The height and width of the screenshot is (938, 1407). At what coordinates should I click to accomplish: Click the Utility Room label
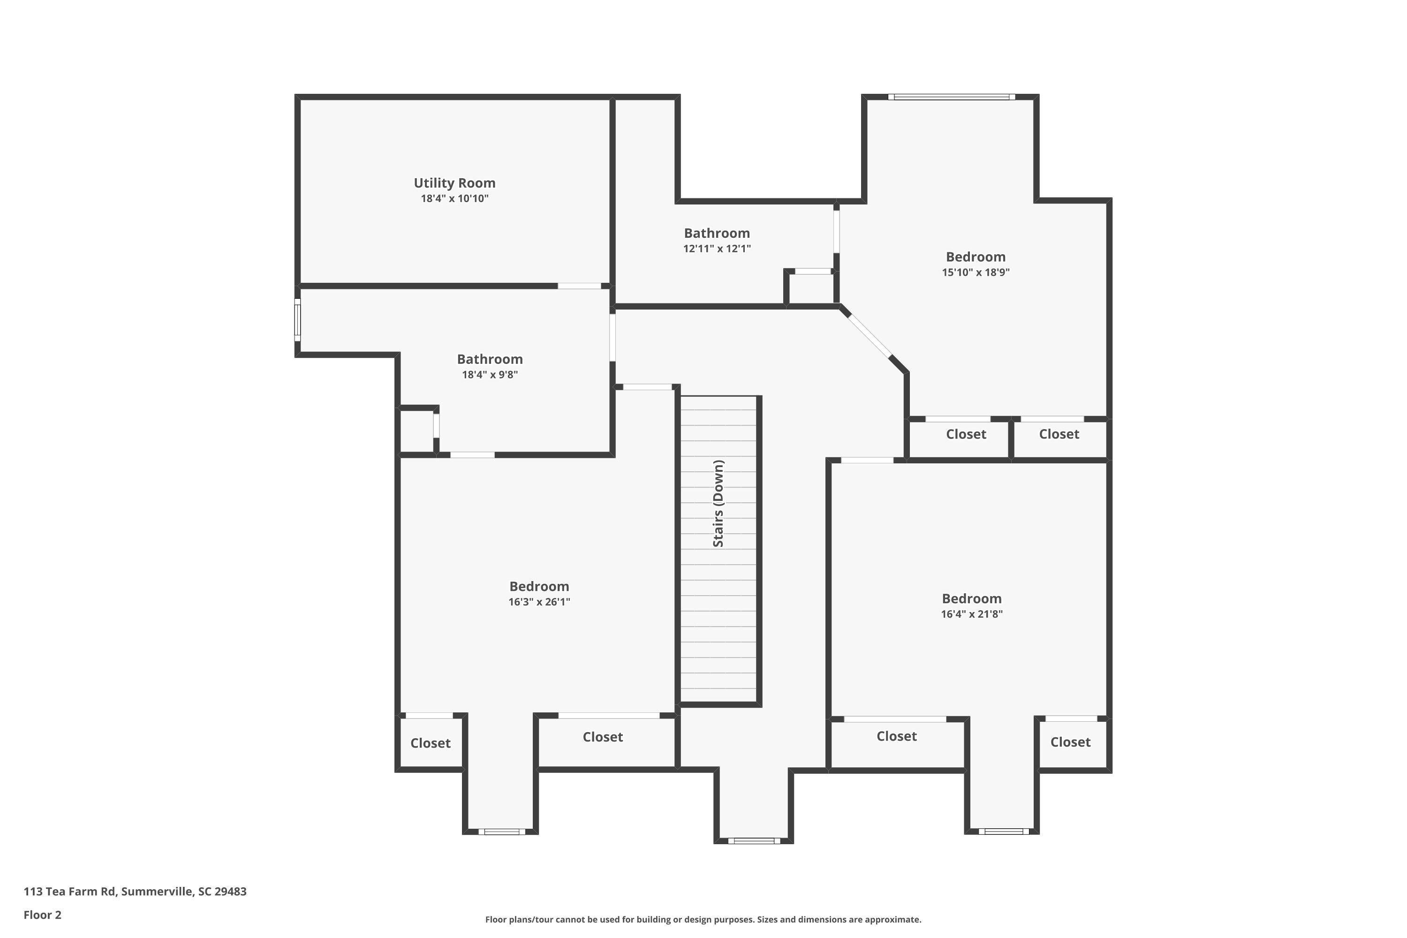[454, 183]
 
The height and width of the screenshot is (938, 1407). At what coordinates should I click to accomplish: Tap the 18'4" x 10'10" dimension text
[454, 198]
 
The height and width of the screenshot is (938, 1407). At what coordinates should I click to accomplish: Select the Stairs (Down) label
[719, 503]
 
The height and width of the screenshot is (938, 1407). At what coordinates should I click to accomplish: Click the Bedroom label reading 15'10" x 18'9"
[975, 257]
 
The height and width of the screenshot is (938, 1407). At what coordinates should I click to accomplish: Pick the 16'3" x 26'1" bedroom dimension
[539, 602]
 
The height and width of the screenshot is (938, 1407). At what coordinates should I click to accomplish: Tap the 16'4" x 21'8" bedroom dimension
[971, 614]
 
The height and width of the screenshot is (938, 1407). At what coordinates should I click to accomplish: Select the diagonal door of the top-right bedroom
[870, 336]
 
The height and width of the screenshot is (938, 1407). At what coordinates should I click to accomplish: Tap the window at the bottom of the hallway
[754, 840]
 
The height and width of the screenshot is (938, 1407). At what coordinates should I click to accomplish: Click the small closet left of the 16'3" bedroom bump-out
[430, 743]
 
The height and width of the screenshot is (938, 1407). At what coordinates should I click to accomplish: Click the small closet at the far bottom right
[1071, 742]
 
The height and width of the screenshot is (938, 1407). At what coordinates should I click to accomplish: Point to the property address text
[135, 892]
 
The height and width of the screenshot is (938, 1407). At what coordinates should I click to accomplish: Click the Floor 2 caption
[43, 915]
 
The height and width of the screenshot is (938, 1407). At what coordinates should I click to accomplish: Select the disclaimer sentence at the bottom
[703, 919]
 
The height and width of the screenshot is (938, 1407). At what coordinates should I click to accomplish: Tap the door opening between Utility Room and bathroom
[579, 286]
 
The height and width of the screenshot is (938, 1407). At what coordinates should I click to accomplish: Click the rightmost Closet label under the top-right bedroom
[1059, 434]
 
